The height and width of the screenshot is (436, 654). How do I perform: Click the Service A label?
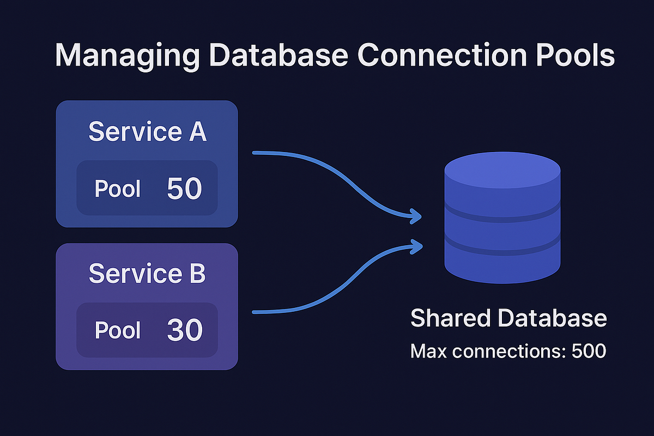click(147, 132)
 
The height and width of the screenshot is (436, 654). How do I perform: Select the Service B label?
click(147, 274)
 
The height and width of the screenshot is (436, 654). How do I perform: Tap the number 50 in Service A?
click(184, 189)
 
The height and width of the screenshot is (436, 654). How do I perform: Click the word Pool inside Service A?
click(118, 189)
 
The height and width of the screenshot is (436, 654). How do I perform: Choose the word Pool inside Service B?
click(118, 331)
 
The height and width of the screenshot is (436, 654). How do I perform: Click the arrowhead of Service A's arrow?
click(417, 216)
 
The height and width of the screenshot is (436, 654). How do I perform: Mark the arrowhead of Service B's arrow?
click(417, 246)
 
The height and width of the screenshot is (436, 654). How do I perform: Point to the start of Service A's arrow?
click(256, 154)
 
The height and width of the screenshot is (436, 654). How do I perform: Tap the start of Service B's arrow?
click(256, 312)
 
